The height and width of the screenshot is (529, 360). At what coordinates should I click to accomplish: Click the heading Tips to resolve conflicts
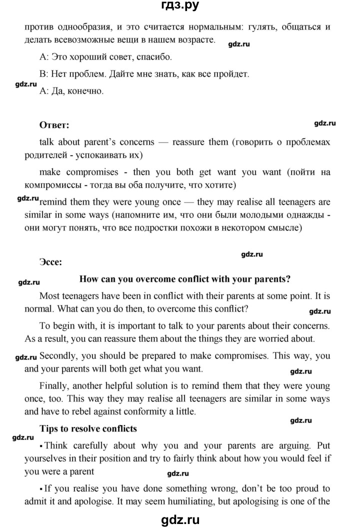[87, 428]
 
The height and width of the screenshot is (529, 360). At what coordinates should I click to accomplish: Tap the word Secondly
[57, 356]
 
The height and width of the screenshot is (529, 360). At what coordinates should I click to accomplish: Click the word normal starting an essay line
[38, 309]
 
